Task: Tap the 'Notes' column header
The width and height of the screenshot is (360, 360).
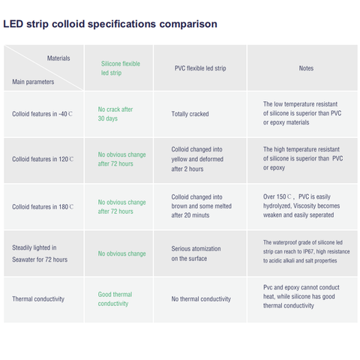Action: pyautogui.click(x=306, y=68)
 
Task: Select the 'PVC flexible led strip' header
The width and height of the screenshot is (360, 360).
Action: pyautogui.click(x=200, y=68)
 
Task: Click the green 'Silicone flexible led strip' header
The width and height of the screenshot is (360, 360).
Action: pyautogui.click(x=121, y=68)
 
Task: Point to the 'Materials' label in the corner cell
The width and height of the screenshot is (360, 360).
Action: pyautogui.click(x=58, y=58)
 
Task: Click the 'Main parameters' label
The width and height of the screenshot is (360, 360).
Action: pyautogui.click(x=33, y=82)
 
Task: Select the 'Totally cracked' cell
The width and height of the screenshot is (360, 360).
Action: pyautogui.click(x=190, y=114)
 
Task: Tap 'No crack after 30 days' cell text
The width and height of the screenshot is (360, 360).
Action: pyautogui.click(x=115, y=114)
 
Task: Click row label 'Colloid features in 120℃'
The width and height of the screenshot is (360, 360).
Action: pyautogui.click(x=43, y=159)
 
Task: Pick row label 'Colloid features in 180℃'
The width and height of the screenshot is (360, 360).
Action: pyautogui.click(x=43, y=207)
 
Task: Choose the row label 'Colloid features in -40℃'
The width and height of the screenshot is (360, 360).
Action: pyautogui.click(x=42, y=114)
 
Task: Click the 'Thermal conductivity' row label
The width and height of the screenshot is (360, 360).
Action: pyautogui.click(x=38, y=299)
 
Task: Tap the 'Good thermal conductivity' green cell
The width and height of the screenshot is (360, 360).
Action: pyautogui.click(x=115, y=299)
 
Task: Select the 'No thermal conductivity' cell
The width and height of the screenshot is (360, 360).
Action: pyautogui.click(x=201, y=299)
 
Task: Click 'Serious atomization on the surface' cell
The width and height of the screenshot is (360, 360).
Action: pyautogui.click(x=196, y=253)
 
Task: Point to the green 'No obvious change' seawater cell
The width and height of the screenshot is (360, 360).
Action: pyautogui.click(x=121, y=253)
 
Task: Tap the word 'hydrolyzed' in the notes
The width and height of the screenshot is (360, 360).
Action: pyautogui.click(x=277, y=206)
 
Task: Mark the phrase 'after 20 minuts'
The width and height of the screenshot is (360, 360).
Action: pyautogui.click(x=190, y=215)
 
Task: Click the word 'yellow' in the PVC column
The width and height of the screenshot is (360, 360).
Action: pyautogui.click(x=179, y=159)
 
